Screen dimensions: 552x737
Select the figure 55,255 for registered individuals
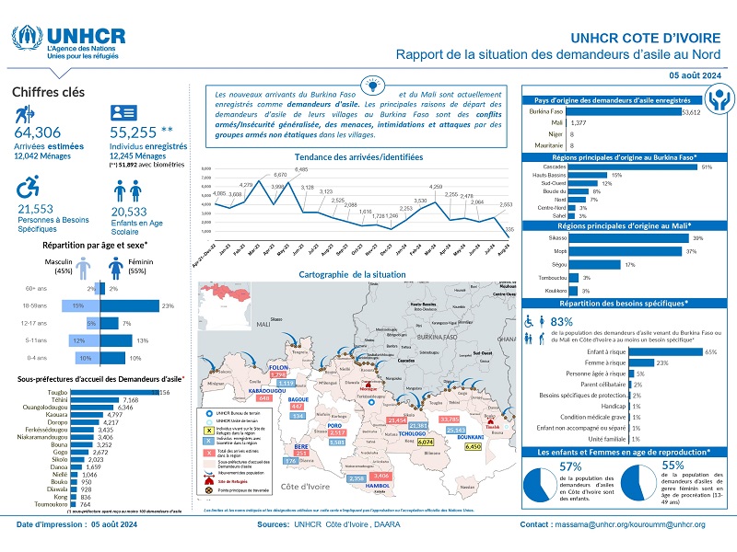click(x=128, y=134)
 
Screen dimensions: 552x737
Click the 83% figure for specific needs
click(x=562, y=322)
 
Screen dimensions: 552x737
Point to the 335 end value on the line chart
click(x=510, y=227)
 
